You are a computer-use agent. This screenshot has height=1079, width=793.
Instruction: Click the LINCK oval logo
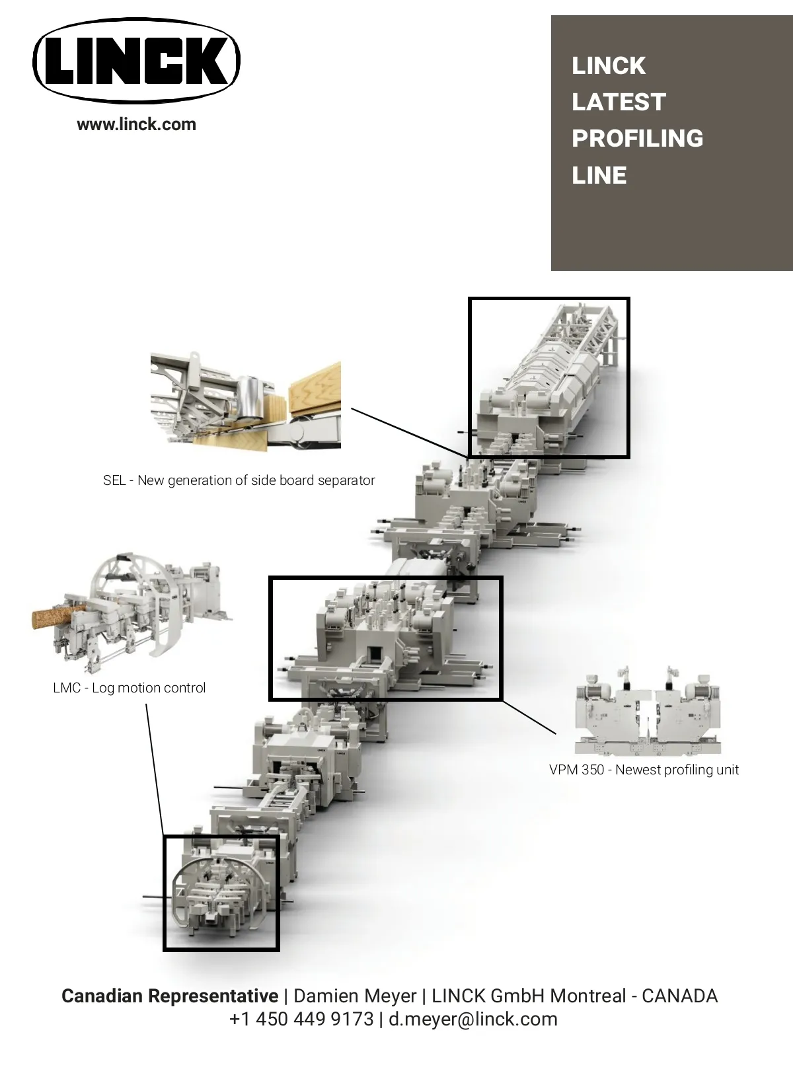[136, 61]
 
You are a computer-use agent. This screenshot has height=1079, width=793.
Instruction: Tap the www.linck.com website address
[136, 124]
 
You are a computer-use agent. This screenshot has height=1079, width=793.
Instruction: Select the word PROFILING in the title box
[638, 138]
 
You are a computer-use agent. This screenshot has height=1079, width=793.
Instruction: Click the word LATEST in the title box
[619, 102]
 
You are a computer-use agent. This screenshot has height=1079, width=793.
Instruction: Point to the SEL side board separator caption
[239, 480]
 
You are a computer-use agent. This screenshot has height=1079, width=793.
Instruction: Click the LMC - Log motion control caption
[129, 687]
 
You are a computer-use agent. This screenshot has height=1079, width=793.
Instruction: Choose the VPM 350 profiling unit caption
[644, 769]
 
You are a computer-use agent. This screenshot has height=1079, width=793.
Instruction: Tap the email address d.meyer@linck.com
[473, 1019]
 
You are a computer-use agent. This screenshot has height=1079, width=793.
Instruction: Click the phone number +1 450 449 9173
[301, 1019]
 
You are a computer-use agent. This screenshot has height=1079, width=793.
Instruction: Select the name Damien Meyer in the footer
[355, 996]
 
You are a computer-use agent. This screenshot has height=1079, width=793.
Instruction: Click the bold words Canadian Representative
[170, 996]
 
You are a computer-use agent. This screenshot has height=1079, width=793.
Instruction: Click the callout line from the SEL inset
[410, 432]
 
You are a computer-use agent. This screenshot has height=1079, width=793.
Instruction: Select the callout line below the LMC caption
[155, 769]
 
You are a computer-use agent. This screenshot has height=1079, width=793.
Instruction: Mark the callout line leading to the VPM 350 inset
[529, 718]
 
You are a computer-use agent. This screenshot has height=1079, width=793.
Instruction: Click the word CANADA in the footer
[680, 996]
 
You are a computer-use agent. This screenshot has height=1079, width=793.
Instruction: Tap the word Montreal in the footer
[587, 996]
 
